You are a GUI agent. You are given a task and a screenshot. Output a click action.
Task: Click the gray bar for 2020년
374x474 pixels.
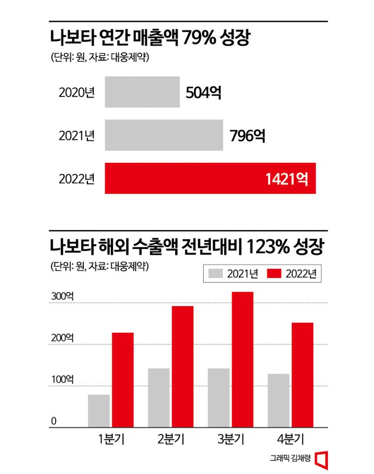(142, 92)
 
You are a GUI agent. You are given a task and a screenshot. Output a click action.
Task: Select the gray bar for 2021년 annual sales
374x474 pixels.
(164, 135)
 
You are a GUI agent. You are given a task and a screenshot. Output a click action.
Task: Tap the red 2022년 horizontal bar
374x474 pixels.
(210, 178)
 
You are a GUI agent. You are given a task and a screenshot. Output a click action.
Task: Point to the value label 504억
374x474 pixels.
(203, 93)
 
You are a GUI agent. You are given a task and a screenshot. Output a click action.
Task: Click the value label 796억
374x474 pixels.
(247, 136)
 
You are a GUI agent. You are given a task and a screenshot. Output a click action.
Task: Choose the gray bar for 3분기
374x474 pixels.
(218, 398)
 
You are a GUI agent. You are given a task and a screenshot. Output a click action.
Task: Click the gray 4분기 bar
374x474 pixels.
(278, 400)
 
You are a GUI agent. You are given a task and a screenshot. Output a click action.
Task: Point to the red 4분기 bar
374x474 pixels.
(302, 374)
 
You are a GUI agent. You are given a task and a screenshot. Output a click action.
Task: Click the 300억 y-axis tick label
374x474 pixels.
(62, 297)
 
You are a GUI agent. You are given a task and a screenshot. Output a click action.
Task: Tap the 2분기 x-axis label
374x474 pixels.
(171, 439)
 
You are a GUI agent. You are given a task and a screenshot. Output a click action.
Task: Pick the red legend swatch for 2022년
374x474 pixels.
(274, 274)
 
